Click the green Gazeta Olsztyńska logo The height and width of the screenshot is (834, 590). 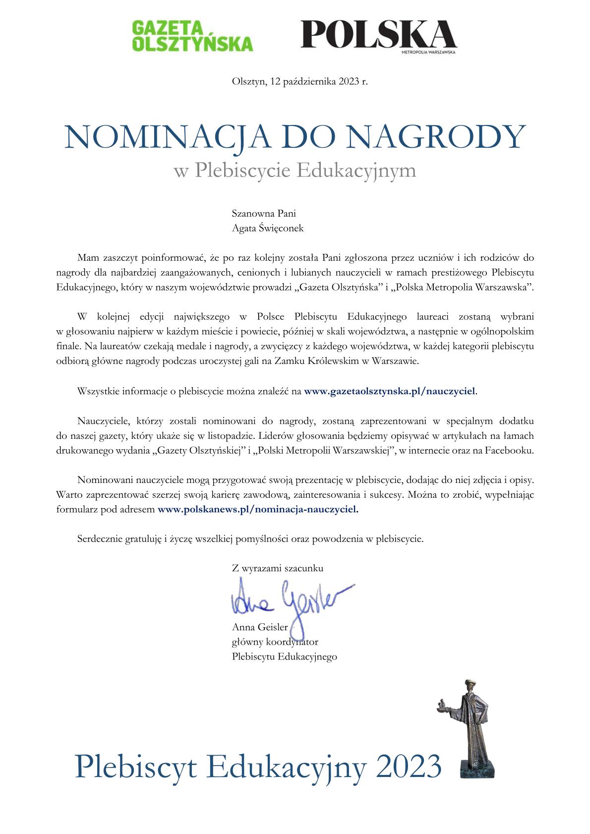192,36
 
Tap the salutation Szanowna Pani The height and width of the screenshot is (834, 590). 264,214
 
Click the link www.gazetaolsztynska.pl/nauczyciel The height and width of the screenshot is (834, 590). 390,391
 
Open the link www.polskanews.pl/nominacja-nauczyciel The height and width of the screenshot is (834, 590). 257,509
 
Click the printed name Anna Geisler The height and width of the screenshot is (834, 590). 260,627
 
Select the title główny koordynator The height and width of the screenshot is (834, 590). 275,642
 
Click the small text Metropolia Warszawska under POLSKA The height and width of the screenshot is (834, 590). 428,51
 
